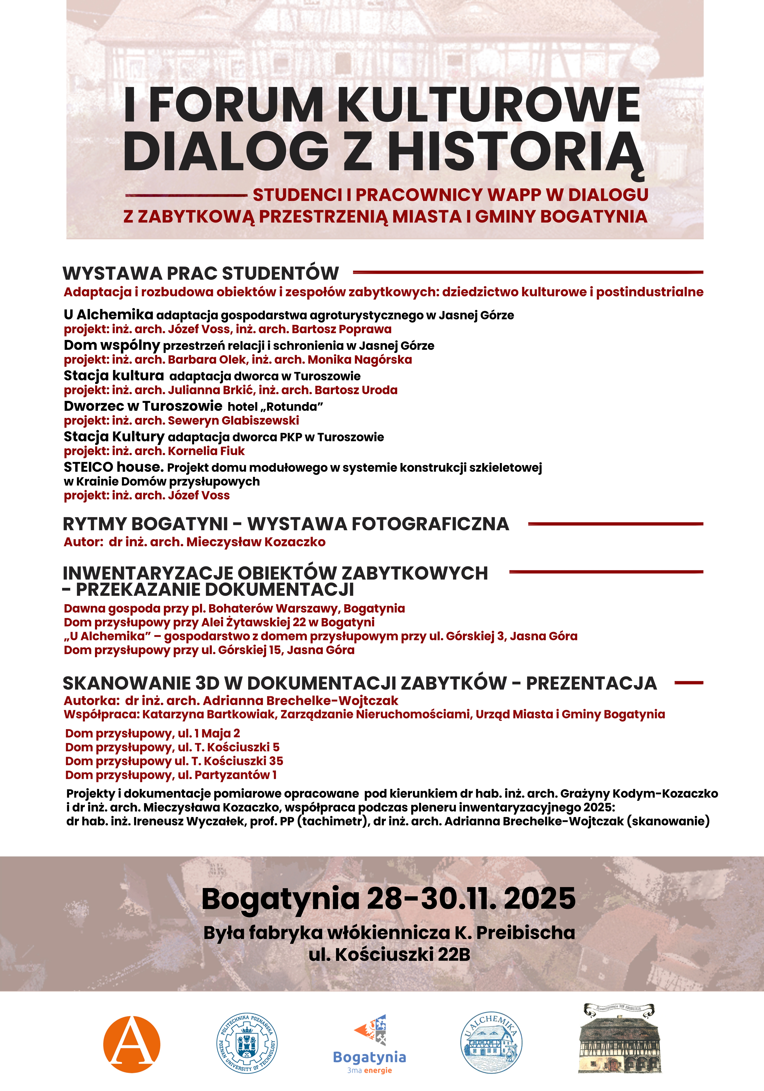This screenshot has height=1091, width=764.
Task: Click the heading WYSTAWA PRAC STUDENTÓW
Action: [x=201, y=274]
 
